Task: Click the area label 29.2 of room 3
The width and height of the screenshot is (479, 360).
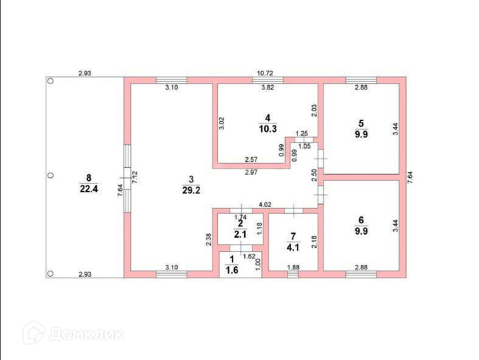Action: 191,190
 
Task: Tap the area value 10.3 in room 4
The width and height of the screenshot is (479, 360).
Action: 268,129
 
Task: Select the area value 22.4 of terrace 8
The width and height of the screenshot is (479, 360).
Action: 89,189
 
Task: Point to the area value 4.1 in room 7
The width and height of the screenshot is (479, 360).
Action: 293,247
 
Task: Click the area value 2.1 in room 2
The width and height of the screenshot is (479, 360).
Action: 240,234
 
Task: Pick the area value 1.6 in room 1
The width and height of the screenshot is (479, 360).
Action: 231,270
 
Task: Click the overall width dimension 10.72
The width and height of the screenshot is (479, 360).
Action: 265,74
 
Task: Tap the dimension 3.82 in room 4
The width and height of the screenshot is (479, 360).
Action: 268,88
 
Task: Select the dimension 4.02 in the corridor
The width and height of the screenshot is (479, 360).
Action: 265,204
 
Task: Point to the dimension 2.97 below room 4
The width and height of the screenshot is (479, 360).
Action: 251,172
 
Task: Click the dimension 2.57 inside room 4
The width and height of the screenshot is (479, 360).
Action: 251,159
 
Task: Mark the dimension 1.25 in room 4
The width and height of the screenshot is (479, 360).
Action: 302,133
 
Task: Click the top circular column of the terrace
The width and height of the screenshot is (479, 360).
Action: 51,81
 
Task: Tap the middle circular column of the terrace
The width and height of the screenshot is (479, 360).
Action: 51,176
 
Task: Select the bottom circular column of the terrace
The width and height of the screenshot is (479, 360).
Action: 51,273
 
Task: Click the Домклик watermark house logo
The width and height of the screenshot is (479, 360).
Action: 34,333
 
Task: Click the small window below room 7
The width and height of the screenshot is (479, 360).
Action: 293,274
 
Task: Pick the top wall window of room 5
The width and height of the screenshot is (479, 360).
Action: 361,80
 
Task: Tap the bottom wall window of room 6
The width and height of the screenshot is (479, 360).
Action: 361,274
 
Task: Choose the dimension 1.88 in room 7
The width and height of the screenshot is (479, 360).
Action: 293,267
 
